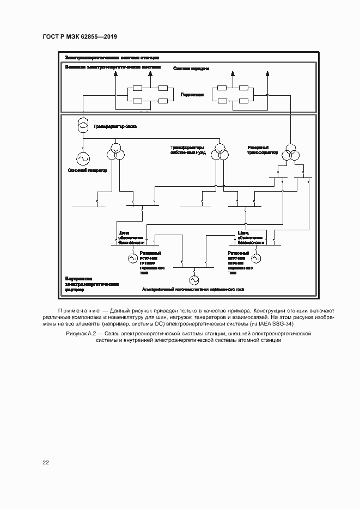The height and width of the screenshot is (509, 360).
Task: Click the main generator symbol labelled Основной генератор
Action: (x=84, y=159)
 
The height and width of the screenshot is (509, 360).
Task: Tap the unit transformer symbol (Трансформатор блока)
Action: (x=83, y=126)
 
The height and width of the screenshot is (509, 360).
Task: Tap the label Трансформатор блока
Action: (x=114, y=126)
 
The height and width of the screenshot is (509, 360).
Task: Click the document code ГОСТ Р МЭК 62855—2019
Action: (x=80, y=36)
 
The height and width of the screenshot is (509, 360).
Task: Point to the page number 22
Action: (x=46, y=462)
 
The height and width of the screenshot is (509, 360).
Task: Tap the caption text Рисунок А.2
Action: (x=80, y=333)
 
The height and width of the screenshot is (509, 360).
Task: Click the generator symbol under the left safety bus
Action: (x=132, y=257)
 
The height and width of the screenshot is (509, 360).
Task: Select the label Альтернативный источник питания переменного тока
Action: (x=193, y=289)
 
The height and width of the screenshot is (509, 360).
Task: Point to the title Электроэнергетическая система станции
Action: (x=112, y=57)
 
